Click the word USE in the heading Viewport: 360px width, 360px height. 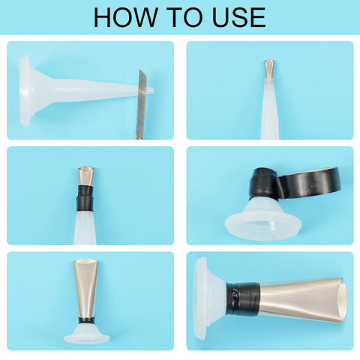[238, 17]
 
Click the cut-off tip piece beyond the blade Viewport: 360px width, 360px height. [150, 90]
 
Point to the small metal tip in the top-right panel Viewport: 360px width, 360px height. [269, 68]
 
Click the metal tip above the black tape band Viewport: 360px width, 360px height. [86, 176]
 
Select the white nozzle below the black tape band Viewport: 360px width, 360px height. [85, 227]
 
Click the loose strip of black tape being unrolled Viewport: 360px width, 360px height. [308, 181]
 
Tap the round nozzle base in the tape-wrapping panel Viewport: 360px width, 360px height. [263, 219]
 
